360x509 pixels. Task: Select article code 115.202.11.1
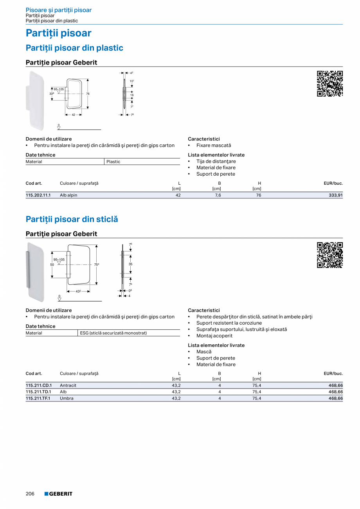click(x=38, y=195)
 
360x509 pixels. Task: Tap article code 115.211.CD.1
click(x=39, y=385)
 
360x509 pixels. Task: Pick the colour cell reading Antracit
click(x=68, y=385)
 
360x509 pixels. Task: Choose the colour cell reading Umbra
click(x=67, y=398)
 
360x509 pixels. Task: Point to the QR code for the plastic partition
click(x=330, y=84)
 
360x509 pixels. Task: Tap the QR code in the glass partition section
click(x=330, y=255)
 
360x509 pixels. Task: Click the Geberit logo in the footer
click(x=58, y=494)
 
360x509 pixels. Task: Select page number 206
click(x=30, y=494)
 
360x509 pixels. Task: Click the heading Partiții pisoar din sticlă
click(x=72, y=219)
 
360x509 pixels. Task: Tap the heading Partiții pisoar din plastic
click(x=74, y=48)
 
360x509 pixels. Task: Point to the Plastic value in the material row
click(x=113, y=162)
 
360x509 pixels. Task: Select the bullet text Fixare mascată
click(x=214, y=146)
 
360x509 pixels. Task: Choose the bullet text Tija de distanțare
click(x=216, y=161)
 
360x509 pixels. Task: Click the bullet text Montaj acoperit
click(x=214, y=336)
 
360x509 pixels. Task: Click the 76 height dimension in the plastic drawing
click(x=88, y=94)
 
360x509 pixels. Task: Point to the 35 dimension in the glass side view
click(x=131, y=264)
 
